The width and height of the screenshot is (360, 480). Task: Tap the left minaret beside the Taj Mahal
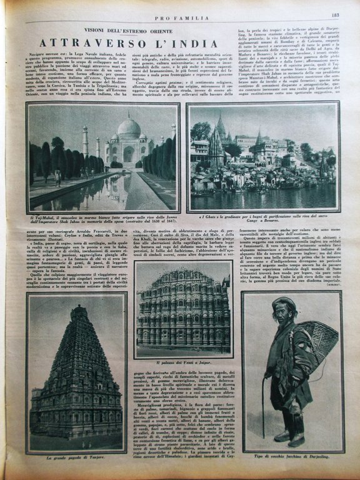(85, 141)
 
